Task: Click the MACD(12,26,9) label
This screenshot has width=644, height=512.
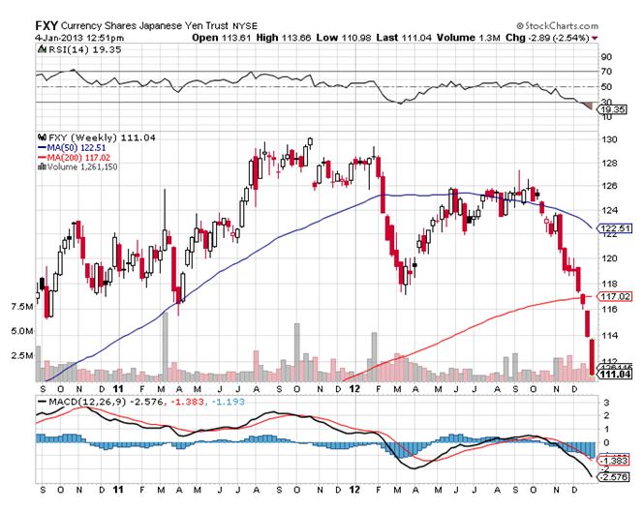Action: (82, 400)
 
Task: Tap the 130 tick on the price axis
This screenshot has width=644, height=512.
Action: (609, 140)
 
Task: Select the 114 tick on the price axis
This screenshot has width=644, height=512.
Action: (609, 335)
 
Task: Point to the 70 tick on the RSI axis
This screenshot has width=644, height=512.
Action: (606, 72)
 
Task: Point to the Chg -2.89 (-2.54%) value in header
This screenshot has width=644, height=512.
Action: (556, 38)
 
